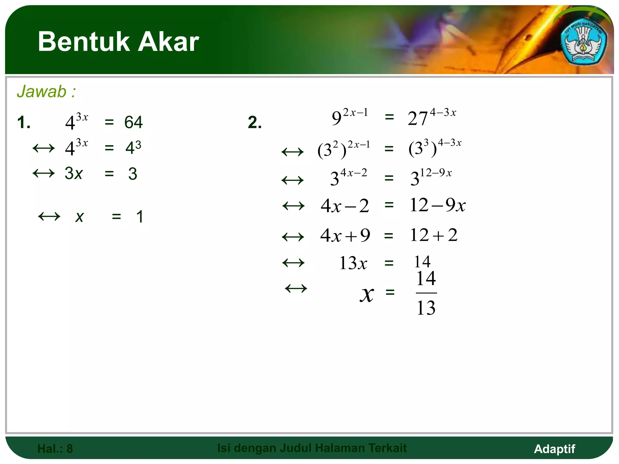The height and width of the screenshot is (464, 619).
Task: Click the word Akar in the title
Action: click(x=168, y=42)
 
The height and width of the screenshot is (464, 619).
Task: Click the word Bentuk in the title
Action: click(x=83, y=42)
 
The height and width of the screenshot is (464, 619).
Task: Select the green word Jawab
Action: click(x=42, y=92)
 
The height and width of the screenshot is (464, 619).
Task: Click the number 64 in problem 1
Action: click(x=133, y=122)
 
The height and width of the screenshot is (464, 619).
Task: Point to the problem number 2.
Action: click(x=254, y=122)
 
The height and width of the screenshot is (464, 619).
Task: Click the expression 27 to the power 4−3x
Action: click(x=431, y=117)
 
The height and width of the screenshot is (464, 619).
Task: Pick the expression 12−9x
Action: click(x=437, y=205)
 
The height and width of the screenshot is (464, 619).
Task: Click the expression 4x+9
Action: click(x=345, y=235)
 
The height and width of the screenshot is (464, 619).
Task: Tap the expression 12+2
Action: click(x=434, y=235)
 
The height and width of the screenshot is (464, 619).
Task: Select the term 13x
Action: click(x=353, y=263)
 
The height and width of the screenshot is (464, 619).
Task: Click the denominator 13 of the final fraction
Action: click(x=426, y=308)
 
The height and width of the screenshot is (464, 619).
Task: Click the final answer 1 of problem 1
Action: click(x=140, y=217)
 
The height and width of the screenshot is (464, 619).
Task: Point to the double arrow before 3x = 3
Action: click(x=44, y=173)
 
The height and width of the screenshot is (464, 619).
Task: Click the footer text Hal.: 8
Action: click(x=55, y=449)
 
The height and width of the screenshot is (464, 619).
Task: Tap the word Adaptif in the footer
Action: click(x=554, y=449)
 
